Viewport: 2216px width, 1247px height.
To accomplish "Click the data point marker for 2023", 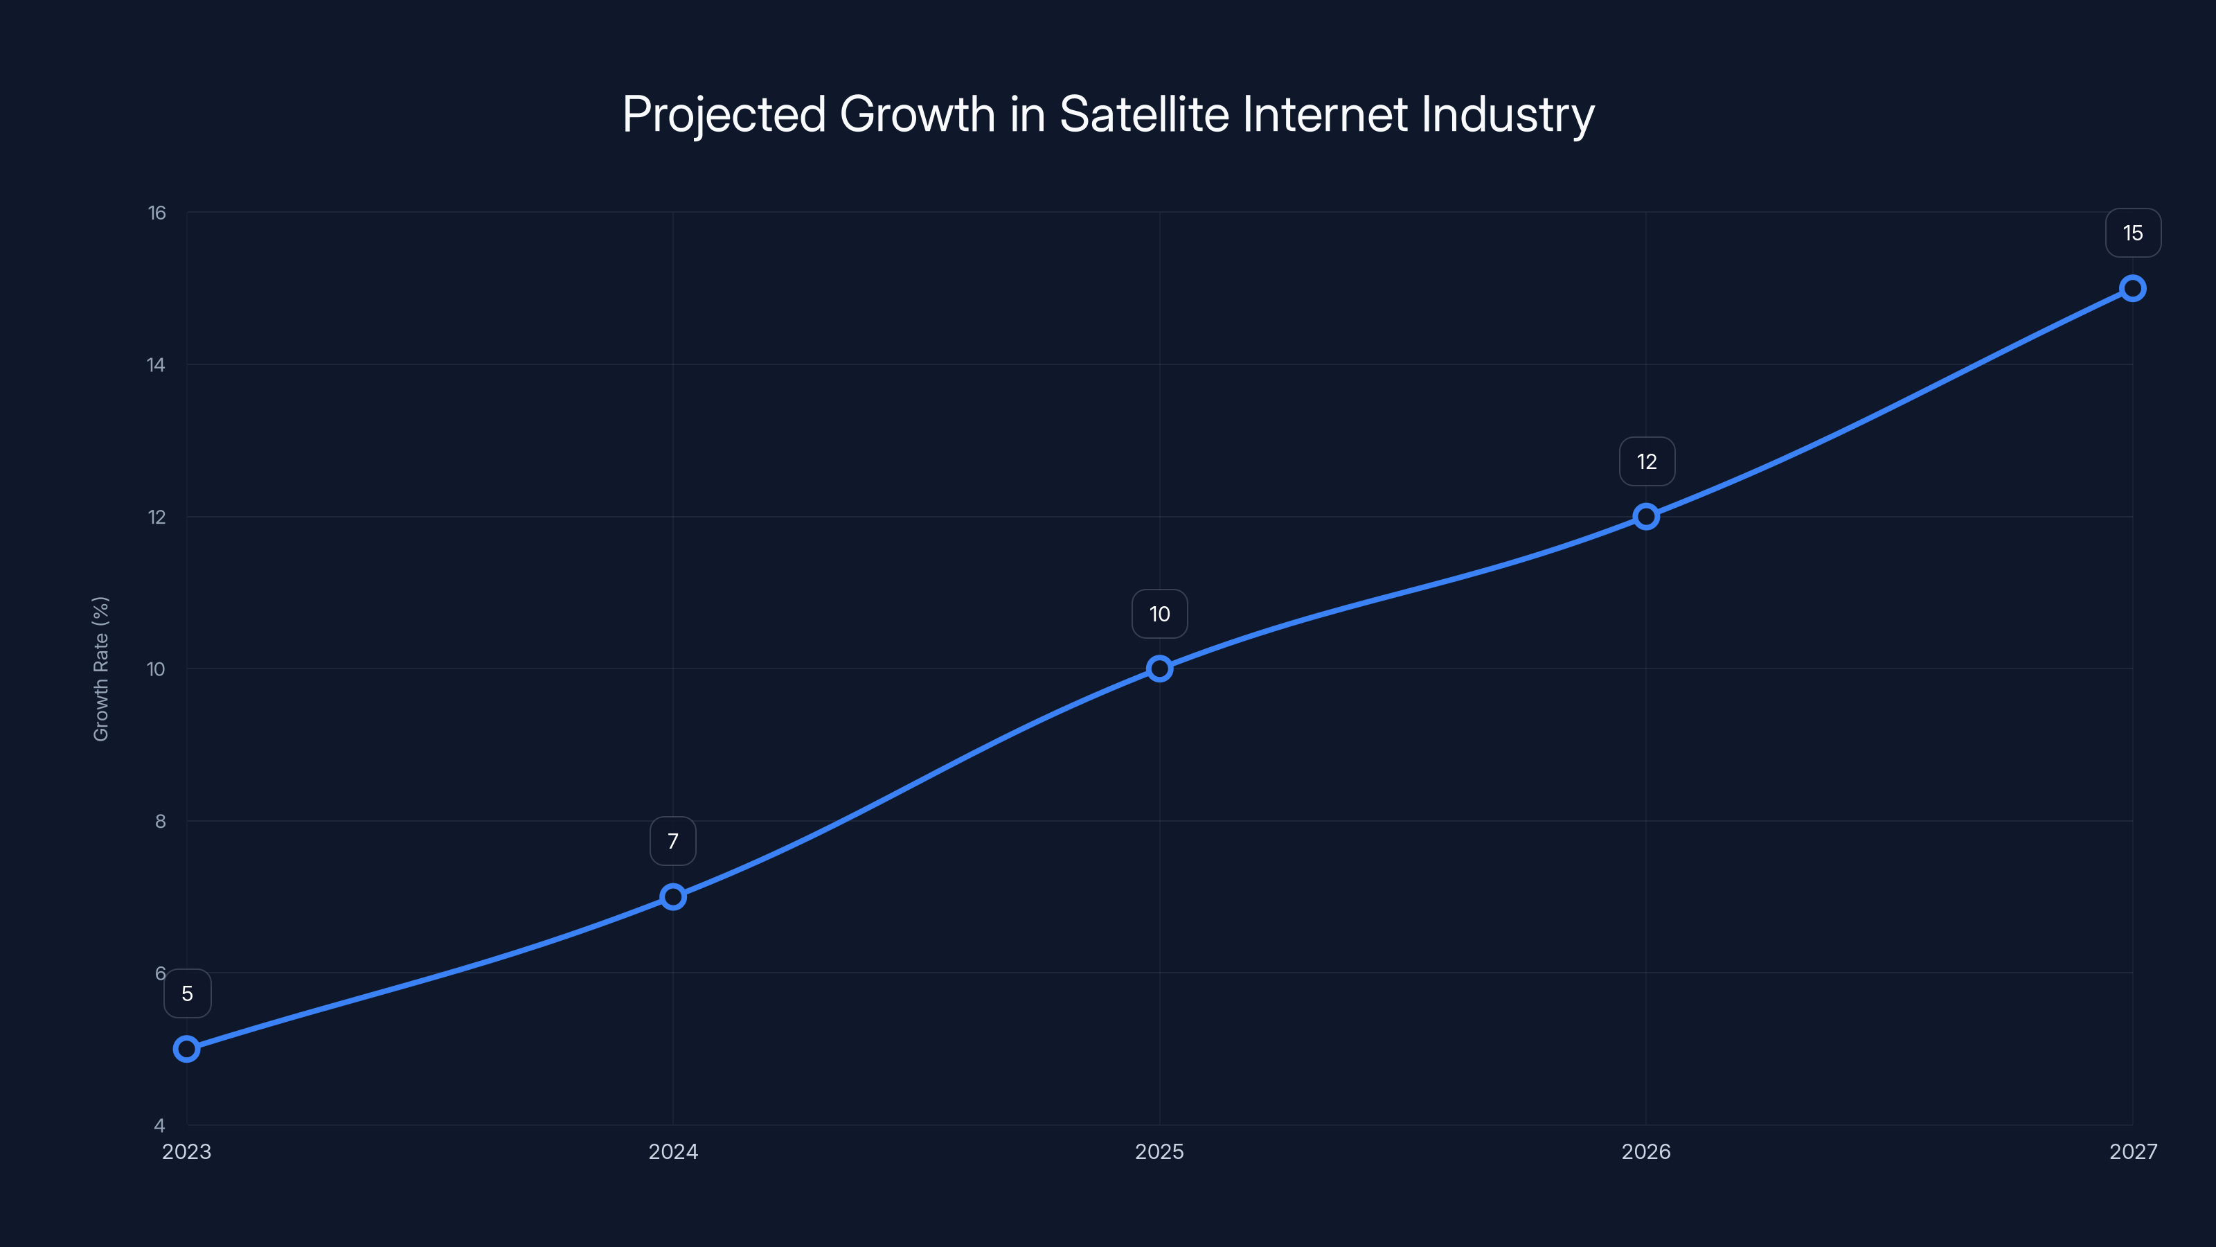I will [187, 1048].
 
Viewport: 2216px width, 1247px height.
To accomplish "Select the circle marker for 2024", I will [672, 896].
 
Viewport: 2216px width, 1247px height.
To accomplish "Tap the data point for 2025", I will [1160, 669].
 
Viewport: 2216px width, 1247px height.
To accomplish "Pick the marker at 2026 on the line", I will [1645, 516].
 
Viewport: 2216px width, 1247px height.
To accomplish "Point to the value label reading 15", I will [2133, 233].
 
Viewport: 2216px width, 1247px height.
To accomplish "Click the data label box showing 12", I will [1647, 462].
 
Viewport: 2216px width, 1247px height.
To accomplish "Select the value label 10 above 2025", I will [1160, 614].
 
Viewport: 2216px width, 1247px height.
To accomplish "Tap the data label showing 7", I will [672, 841].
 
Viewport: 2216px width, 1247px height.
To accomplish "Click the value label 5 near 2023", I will [188, 994].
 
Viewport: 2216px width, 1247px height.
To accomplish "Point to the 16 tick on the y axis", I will [157, 213].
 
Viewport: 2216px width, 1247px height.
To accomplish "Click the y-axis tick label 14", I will [156, 365].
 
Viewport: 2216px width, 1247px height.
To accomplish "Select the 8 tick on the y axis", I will [160, 821].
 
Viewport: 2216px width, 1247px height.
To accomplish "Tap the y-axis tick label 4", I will [159, 1125].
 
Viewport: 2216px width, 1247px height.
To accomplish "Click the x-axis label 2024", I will [672, 1151].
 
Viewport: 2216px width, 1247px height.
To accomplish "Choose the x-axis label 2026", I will [1645, 1151].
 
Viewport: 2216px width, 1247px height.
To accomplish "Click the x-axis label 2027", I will [2133, 1151].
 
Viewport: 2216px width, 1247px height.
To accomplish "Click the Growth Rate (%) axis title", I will [100, 669].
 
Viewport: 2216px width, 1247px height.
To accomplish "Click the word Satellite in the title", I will [1144, 114].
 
